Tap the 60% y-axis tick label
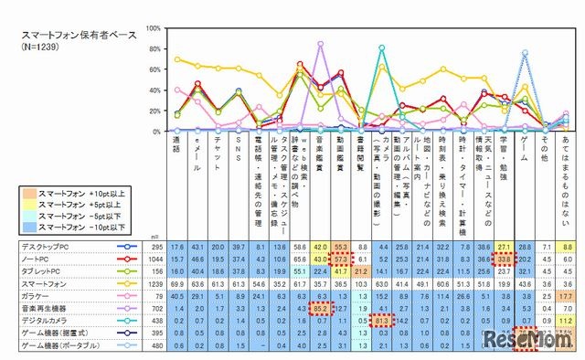tap(156, 69)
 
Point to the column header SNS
tap(239, 147)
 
